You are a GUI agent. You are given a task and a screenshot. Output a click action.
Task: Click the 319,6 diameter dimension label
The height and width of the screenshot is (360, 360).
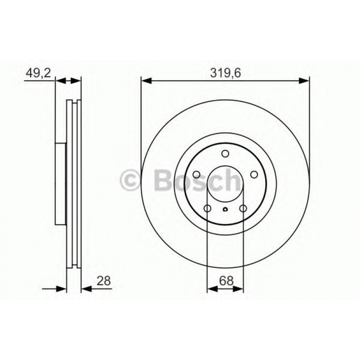225,73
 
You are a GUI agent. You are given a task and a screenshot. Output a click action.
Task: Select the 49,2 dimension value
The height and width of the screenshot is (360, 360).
38,73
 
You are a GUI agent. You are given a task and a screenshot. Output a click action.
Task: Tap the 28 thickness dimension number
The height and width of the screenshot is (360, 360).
104,280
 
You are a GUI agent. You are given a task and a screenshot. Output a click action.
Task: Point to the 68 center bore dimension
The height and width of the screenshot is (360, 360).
226,280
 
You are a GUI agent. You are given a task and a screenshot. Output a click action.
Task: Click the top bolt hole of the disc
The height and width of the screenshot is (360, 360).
225,153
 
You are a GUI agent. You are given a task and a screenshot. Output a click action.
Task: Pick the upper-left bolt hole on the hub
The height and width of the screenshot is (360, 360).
196,174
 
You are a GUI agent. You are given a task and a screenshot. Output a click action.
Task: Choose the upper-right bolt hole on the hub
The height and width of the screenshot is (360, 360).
254,174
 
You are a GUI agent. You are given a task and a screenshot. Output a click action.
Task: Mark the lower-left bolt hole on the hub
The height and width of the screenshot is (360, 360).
208,208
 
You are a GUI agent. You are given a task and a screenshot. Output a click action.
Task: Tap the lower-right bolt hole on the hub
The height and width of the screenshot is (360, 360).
243,208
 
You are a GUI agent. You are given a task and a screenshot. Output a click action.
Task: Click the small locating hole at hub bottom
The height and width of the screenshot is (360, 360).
225,209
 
